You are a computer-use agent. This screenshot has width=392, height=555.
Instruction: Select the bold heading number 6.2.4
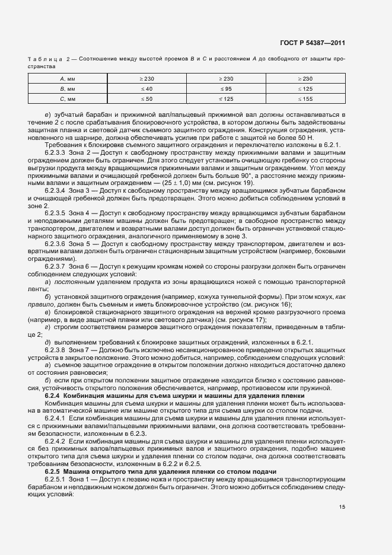click(x=53, y=394)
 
